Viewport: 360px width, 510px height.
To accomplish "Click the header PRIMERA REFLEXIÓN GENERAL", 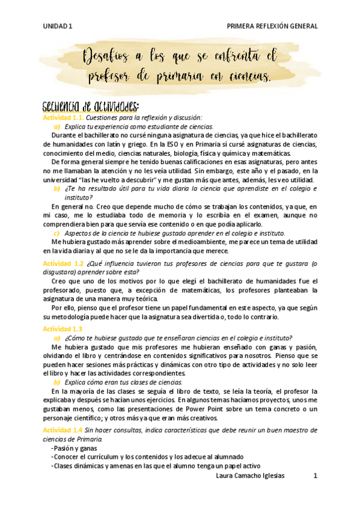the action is pos(271,26).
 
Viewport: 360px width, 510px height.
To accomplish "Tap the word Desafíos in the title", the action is pos(105,58).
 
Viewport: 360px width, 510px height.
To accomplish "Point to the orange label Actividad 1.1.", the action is pos(63,118).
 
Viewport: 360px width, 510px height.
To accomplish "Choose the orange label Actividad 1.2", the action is pos(63,263).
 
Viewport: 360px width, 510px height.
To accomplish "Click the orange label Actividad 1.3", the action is pos(63,328).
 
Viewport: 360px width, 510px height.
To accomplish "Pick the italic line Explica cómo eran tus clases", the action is pos(124,382).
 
